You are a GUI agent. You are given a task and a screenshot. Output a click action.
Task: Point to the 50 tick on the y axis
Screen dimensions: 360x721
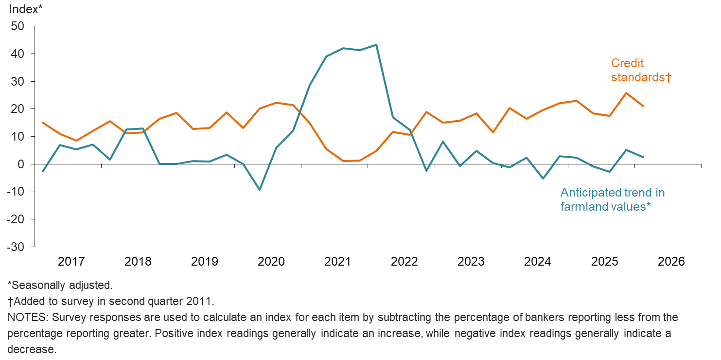18,26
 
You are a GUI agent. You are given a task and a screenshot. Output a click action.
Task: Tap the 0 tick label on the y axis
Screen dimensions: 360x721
21,164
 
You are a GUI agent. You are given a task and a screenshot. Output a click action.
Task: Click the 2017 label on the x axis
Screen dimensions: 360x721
71,262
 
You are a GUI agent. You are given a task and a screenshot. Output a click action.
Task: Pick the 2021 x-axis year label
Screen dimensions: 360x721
337,262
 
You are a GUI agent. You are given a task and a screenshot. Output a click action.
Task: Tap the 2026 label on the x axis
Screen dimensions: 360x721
671,262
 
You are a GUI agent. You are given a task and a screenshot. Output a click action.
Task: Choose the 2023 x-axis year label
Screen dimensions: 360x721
471,262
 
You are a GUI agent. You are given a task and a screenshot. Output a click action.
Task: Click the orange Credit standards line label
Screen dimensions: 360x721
641,70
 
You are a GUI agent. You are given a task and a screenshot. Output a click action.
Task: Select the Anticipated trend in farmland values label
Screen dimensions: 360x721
612,199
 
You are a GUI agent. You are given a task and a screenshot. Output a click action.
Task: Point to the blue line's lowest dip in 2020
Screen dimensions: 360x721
260,190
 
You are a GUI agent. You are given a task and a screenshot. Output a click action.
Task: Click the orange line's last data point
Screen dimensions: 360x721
643,106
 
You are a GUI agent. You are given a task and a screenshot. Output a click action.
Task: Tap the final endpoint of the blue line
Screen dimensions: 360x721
643,157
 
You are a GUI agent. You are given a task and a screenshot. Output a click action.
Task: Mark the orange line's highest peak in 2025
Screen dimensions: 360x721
626,93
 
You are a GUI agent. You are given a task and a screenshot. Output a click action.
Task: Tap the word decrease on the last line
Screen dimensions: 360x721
32,350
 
